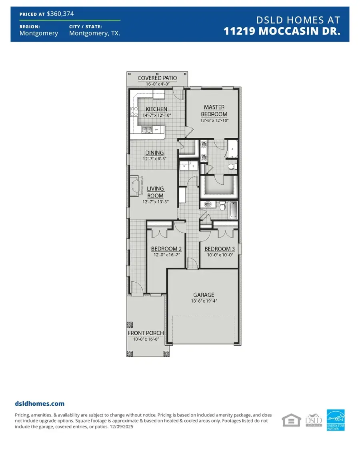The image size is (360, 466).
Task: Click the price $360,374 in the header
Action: tap(60, 14)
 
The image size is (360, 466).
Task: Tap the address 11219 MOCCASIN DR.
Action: tap(282, 32)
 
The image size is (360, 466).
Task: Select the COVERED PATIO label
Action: tap(157, 78)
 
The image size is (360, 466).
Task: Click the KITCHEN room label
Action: tap(156, 109)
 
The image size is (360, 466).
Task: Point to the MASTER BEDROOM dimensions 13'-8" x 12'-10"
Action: tap(214, 121)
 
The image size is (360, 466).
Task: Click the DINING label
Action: tap(154, 153)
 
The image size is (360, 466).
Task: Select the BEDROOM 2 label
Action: tap(166, 249)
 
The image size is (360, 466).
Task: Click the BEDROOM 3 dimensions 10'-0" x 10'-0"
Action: tap(220, 255)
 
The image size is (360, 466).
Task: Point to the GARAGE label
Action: tap(204, 295)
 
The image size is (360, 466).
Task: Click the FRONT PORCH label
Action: tap(146, 333)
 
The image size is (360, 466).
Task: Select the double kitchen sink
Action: tap(147, 129)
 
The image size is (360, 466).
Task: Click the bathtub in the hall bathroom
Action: tap(234, 209)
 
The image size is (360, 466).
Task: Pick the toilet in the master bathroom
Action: tap(231, 166)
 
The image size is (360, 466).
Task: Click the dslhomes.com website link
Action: tap(40, 404)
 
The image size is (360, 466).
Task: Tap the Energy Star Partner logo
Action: tap(336, 420)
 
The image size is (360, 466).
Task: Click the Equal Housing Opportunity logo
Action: tap(291, 421)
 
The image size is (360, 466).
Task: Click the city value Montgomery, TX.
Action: tap(94, 34)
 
